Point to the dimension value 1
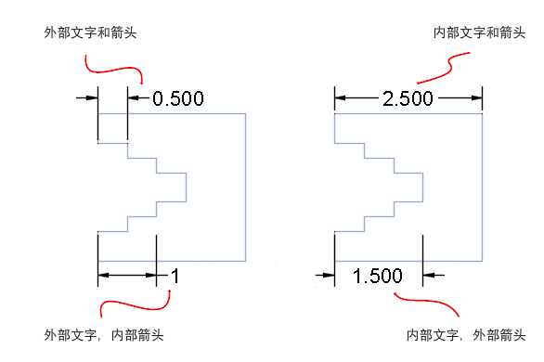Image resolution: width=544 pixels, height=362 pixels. point(175,275)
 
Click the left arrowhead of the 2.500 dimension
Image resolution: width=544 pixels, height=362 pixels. point(342,97)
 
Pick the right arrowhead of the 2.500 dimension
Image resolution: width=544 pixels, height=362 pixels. point(476,97)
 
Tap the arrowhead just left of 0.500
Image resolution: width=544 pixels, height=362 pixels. point(134,97)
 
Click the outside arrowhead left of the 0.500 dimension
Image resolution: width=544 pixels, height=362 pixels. point(91,97)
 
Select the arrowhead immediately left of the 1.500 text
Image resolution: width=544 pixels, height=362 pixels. point(327,275)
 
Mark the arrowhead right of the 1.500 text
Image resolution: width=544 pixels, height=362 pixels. point(430,275)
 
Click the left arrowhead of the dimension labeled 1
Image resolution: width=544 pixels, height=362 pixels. point(104,275)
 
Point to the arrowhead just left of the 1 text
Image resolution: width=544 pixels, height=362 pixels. point(151,275)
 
